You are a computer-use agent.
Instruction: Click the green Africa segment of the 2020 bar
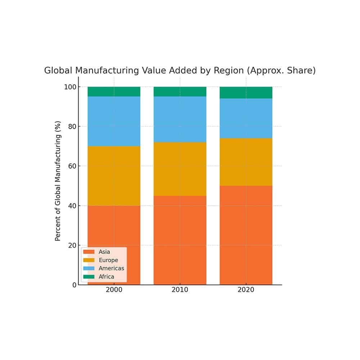246,93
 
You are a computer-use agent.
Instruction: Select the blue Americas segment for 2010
180,119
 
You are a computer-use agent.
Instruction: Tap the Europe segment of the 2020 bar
246,162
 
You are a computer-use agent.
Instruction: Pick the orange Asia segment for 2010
180,240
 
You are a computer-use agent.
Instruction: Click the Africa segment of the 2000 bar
114,91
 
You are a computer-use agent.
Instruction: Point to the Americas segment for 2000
114,121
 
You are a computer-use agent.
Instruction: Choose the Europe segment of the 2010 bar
180,169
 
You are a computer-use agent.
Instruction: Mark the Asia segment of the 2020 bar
246,235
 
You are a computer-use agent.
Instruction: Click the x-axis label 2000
114,290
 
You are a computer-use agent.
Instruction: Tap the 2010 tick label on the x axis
180,290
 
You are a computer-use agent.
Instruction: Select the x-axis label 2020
246,290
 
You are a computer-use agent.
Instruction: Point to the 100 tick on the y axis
70,87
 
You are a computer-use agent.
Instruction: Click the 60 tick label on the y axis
72,166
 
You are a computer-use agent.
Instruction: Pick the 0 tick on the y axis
74,285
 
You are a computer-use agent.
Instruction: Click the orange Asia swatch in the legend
89,252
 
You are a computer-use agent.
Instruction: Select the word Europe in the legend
108,260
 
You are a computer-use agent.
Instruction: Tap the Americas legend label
111,269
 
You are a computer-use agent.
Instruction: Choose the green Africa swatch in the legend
89,277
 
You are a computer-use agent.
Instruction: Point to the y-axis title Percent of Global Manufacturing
58,181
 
